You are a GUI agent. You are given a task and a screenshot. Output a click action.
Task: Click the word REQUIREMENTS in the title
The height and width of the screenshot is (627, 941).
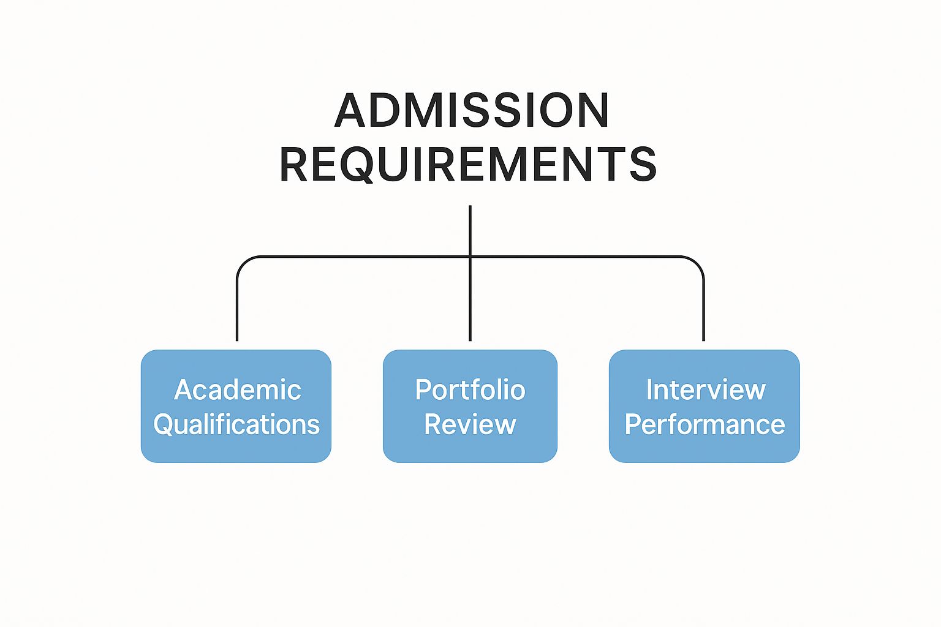(468, 164)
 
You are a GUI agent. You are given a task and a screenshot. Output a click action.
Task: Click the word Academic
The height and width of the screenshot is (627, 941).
(238, 390)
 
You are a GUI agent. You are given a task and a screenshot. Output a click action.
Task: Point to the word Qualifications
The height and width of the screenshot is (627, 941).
(236, 424)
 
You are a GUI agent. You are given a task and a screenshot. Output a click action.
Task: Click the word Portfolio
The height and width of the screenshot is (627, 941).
(470, 390)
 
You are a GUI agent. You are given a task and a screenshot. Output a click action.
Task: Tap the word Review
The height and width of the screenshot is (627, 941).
(470, 424)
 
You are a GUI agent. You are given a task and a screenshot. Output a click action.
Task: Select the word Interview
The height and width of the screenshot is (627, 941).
(706, 390)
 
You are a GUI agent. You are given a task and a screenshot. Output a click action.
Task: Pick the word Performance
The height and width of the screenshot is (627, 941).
(705, 424)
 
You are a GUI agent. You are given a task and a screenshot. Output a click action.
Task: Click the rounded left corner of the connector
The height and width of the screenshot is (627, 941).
(242, 261)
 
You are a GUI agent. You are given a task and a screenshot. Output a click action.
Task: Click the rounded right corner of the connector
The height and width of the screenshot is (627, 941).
(698, 261)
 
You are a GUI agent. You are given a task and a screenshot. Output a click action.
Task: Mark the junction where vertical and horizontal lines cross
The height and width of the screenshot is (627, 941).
(470, 257)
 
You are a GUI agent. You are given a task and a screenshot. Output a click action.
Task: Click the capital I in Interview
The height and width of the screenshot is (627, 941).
(650, 390)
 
